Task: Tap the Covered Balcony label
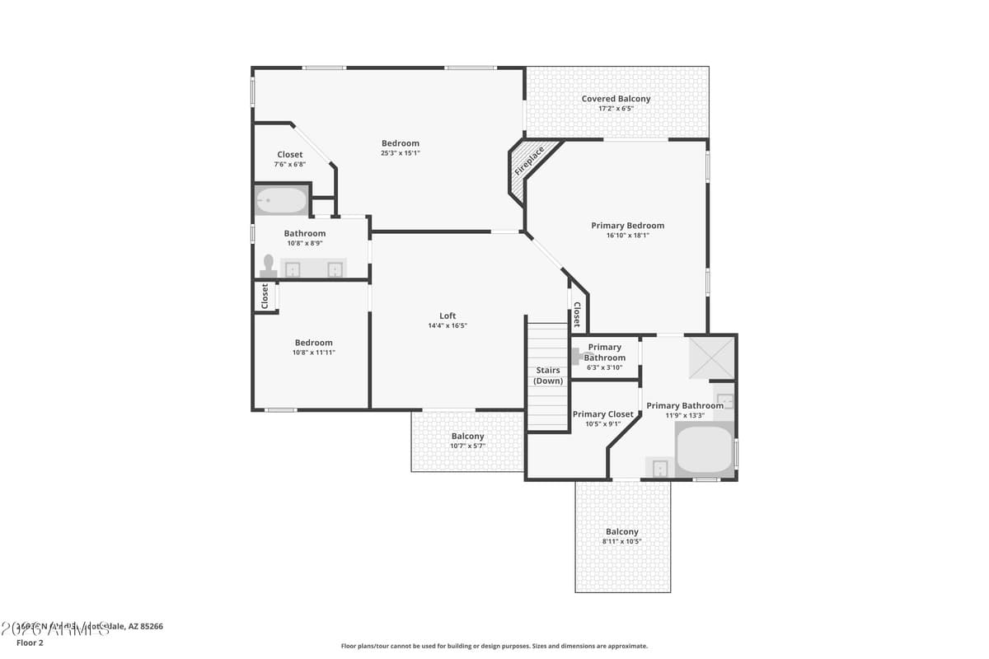[616, 99]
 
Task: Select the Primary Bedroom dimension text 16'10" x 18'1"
[627, 236]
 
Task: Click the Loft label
[448, 315]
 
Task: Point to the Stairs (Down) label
[548, 376]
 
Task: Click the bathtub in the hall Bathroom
[281, 200]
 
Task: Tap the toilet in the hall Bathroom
[268, 264]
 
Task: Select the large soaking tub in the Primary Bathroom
[705, 449]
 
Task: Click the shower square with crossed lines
[710, 357]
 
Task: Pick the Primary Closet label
[603, 414]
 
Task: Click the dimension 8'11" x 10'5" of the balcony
[621, 542]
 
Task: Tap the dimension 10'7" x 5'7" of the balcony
[467, 446]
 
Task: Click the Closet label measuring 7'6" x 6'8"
[289, 155]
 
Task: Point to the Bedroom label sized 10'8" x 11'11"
[314, 343]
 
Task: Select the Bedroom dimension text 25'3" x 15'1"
[401, 153]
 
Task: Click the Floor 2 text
[30, 643]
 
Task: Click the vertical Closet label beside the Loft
[576, 315]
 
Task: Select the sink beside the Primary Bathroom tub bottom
[660, 468]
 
